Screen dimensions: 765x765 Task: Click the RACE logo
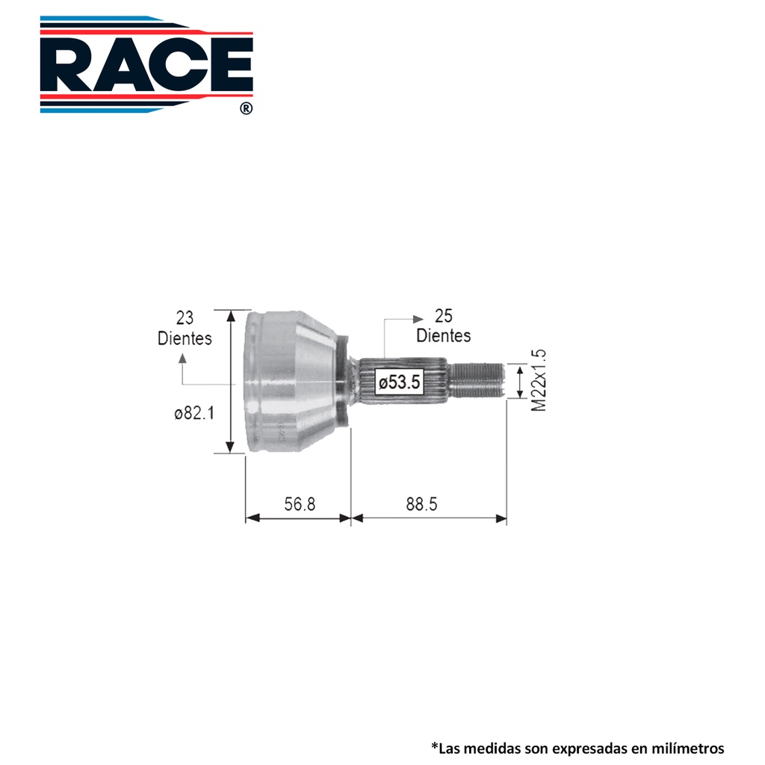146,64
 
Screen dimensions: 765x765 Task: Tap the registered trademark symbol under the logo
247,108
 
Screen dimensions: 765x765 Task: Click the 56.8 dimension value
300,504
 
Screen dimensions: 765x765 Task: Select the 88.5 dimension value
421,504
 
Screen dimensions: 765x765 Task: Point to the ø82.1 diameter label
194,413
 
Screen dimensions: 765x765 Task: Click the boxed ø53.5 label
399,382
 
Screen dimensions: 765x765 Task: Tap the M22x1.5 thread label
539,380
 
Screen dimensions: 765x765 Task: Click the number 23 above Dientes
185,318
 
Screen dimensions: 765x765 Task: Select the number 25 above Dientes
444,316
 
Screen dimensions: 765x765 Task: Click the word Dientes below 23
185,338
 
